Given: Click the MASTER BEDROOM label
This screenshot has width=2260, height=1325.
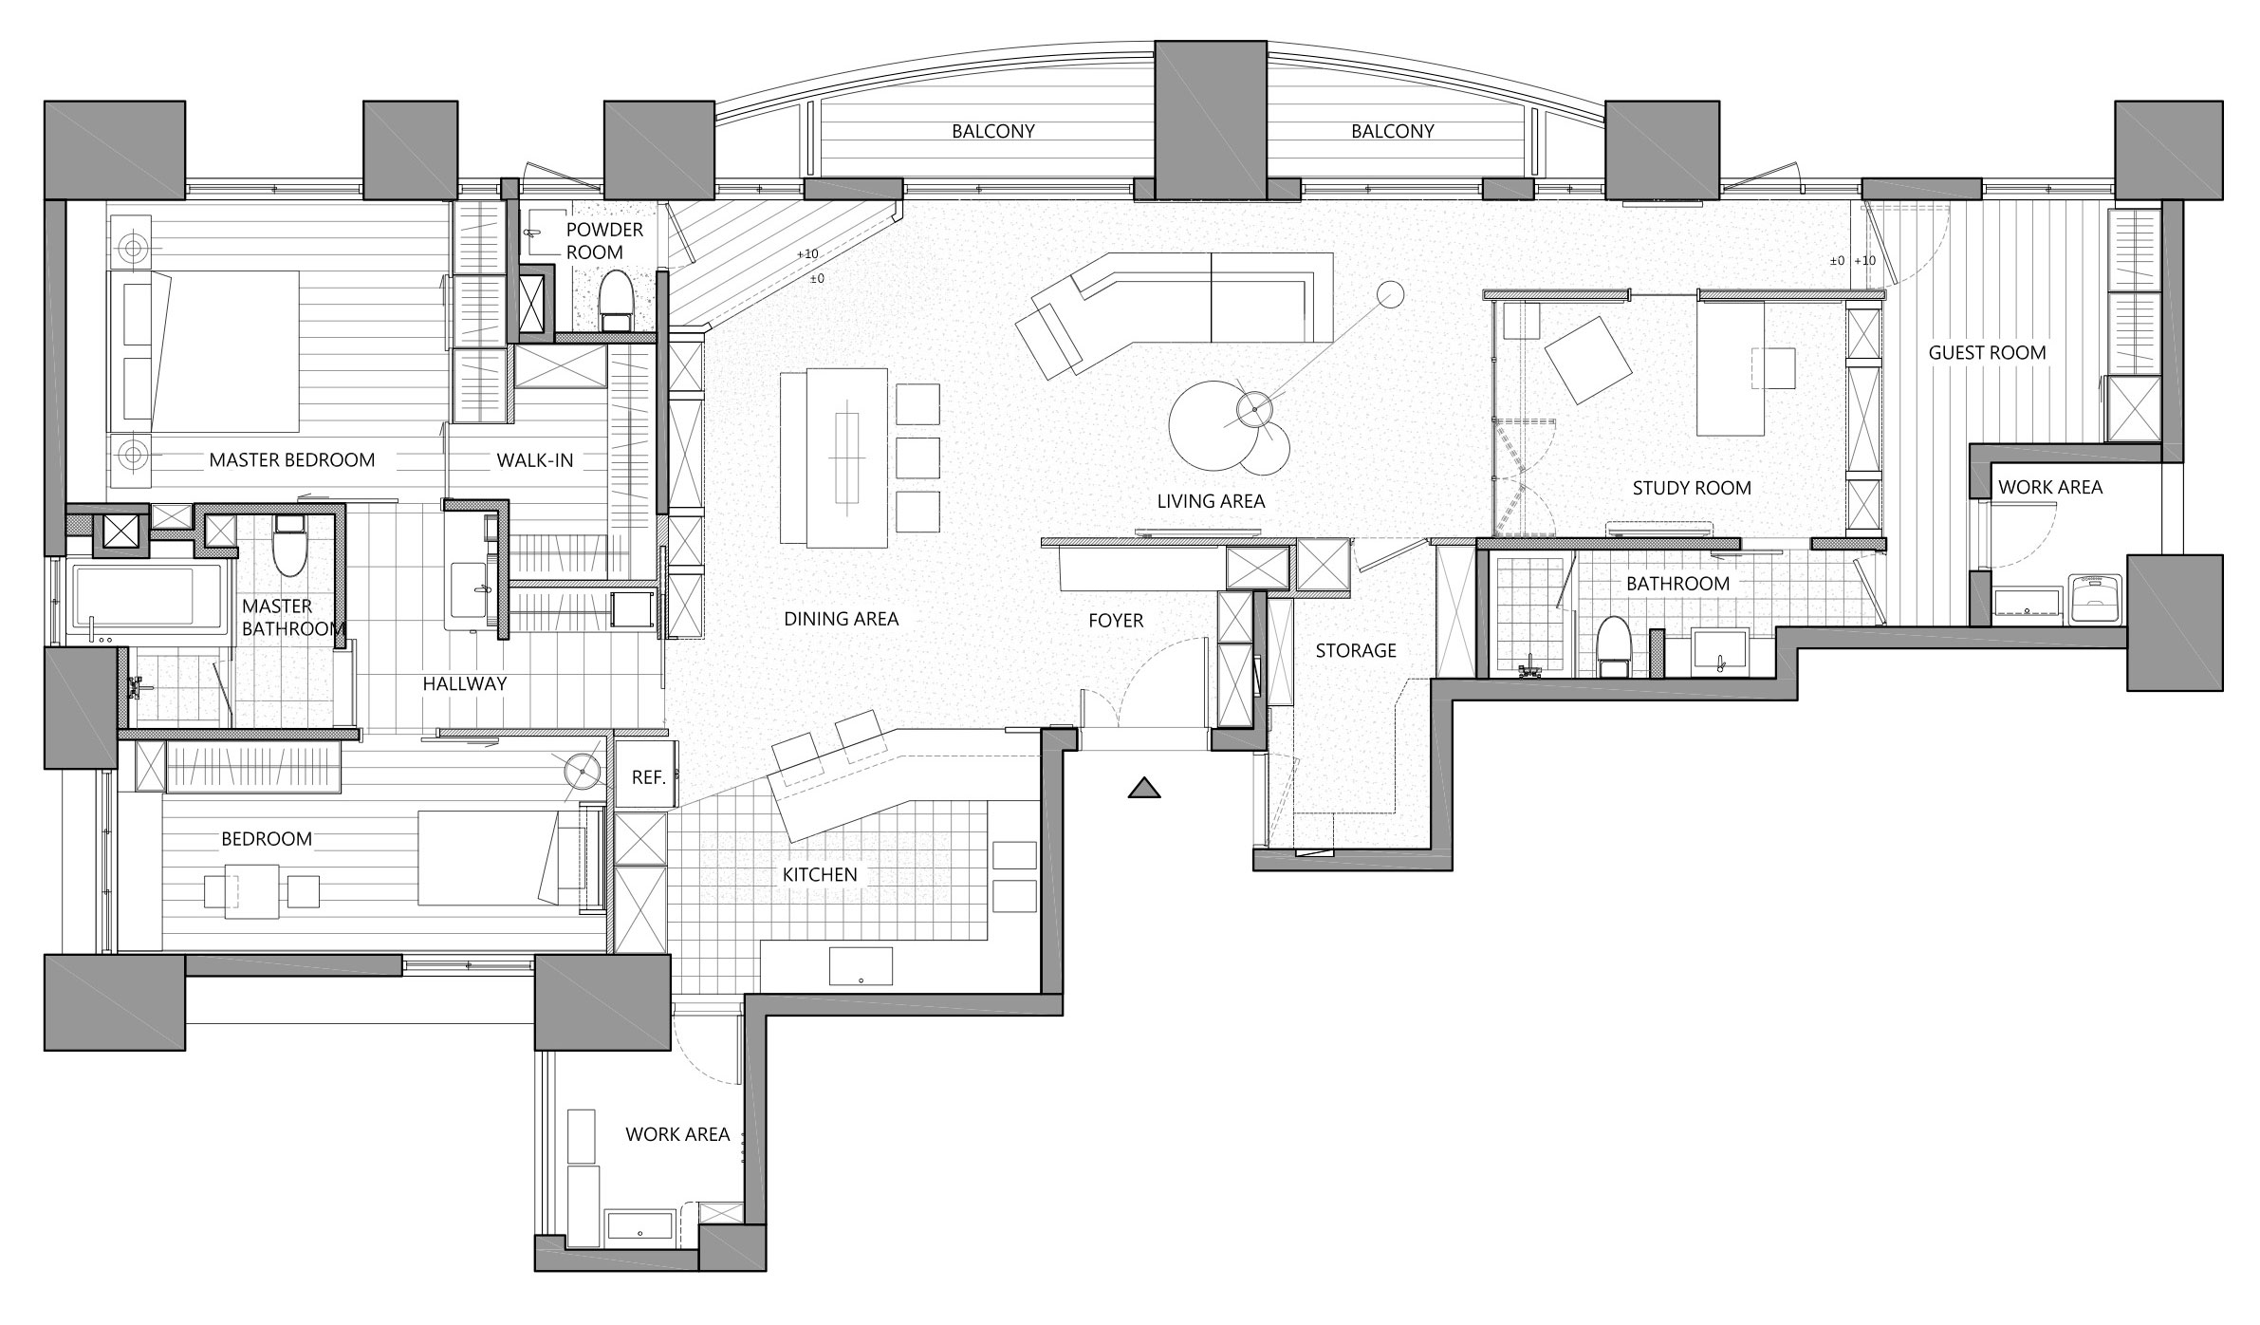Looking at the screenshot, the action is tap(291, 460).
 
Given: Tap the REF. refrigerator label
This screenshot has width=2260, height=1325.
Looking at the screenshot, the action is tap(648, 777).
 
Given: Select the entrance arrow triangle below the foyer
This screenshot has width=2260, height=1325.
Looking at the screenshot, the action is tap(1145, 787).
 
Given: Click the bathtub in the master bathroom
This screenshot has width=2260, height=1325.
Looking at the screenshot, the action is tap(148, 598).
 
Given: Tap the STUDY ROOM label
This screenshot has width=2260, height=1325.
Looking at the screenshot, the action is tap(1692, 489).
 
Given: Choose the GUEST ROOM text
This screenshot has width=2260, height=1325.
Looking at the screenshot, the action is tap(1987, 353).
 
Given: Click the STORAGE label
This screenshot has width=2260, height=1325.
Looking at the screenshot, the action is tap(1356, 651).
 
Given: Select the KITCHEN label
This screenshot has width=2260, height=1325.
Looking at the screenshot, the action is tap(820, 875).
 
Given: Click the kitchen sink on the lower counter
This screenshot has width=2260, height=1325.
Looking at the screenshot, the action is tap(861, 966).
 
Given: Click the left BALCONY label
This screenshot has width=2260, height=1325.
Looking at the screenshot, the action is tap(993, 132).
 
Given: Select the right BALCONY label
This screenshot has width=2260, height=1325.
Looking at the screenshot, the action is tap(1393, 132).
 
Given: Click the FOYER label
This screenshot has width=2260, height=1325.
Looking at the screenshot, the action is tap(1116, 622).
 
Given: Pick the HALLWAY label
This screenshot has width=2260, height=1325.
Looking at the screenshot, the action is tap(465, 683).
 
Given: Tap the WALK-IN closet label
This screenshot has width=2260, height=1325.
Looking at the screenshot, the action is tap(535, 460).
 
